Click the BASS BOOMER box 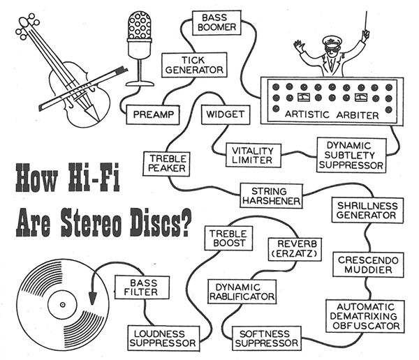[x=219, y=22]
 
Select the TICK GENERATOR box [x=193, y=65]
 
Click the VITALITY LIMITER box [x=253, y=156]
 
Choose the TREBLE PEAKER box [x=166, y=163]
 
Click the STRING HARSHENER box [x=270, y=195]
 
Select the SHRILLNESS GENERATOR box [x=367, y=211]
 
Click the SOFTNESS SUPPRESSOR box [x=266, y=338]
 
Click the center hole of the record [x=61, y=304]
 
